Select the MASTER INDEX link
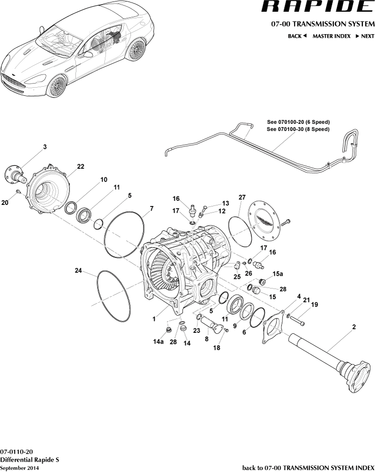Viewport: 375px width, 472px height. tap(331, 36)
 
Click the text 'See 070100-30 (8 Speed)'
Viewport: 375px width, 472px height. tap(298, 129)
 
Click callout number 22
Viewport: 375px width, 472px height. tap(80, 167)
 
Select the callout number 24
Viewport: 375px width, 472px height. tap(78, 271)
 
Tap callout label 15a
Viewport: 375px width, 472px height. tap(277, 274)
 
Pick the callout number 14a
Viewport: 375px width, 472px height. tap(159, 342)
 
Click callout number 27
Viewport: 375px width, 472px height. tap(242, 197)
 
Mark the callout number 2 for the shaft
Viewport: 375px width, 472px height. tap(354, 326)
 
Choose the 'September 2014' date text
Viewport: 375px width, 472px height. tap(19, 468)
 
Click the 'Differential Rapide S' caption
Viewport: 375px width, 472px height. tap(30, 460)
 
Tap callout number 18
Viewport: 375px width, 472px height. tap(217, 348)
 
